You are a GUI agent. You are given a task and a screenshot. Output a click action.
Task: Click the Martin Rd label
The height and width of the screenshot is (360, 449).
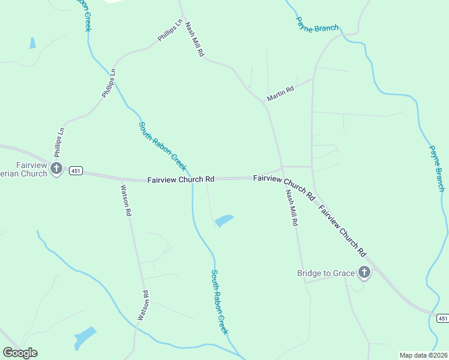pyautogui.click(x=280, y=93)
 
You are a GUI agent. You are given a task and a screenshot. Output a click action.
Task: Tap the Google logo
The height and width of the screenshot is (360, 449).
pyautogui.click(x=20, y=353)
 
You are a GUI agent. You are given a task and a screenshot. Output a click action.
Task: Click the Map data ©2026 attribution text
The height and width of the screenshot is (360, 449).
pyautogui.click(x=423, y=355)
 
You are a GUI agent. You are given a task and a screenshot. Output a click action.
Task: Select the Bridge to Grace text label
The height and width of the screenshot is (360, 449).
pyautogui.click(x=327, y=274)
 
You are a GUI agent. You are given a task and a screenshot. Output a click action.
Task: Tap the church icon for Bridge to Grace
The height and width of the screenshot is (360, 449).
pyautogui.click(x=364, y=274)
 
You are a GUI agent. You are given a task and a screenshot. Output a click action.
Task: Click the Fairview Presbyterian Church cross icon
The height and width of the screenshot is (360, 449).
pyautogui.click(x=56, y=169)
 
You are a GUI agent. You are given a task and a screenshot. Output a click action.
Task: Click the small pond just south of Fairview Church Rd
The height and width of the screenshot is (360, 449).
pyautogui.click(x=224, y=221)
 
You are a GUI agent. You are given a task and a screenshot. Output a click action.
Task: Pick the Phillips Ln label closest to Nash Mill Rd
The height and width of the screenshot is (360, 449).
pyautogui.click(x=170, y=31)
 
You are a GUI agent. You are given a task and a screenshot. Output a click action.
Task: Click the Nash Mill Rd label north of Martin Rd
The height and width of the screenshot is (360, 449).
pyautogui.click(x=195, y=40)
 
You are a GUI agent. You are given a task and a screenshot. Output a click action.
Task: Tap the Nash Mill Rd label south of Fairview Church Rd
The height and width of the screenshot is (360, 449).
pyautogui.click(x=292, y=207)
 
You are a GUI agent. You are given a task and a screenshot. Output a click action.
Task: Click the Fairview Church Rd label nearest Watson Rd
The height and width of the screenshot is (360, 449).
pyautogui.click(x=181, y=179)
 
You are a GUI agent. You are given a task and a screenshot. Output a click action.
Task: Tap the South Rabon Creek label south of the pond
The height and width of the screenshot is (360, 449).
pyautogui.click(x=220, y=302)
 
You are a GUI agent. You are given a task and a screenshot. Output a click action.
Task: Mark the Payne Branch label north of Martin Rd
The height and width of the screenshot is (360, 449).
pyautogui.click(x=317, y=24)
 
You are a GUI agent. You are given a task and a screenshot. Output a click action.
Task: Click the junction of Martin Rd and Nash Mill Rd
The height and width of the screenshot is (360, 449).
pyautogui.click(x=263, y=102)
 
